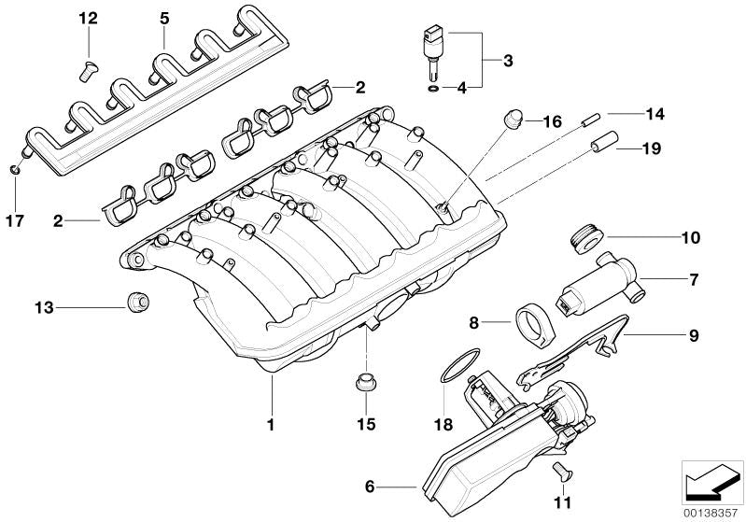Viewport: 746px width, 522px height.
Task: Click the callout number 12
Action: pyautogui.click(x=87, y=19)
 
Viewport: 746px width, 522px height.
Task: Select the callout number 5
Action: pyautogui.click(x=163, y=18)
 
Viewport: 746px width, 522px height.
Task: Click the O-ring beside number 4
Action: pyautogui.click(x=431, y=89)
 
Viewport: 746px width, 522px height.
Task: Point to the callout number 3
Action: pyautogui.click(x=507, y=62)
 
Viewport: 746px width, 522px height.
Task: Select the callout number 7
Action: pyautogui.click(x=694, y=278)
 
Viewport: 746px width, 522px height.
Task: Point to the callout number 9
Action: pyautogui.click(x=694, y=333)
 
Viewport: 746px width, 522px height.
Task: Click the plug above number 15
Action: pyautogui.click(x=365, y=380)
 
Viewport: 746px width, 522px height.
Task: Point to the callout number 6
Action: pyautogui.click(x=369, y=486)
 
